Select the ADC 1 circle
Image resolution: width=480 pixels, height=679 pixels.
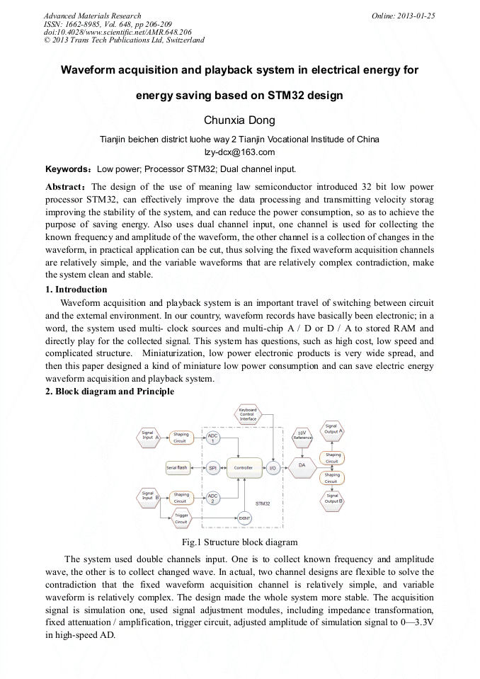[212, 438]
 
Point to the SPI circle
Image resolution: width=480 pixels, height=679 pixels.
[212, 468]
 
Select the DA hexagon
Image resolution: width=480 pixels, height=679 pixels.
[302, 465]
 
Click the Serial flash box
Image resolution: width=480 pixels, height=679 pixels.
[177, 468]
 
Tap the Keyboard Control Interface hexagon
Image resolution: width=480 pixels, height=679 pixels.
[248, 414]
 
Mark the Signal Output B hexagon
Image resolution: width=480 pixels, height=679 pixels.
[333, 499]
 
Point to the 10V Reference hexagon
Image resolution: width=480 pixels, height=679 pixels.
[302, 435]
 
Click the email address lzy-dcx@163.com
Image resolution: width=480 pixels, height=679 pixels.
[239, 152]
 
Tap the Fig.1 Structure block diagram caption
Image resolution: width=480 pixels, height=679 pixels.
[239, 543]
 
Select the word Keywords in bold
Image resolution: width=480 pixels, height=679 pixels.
[67, 170]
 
